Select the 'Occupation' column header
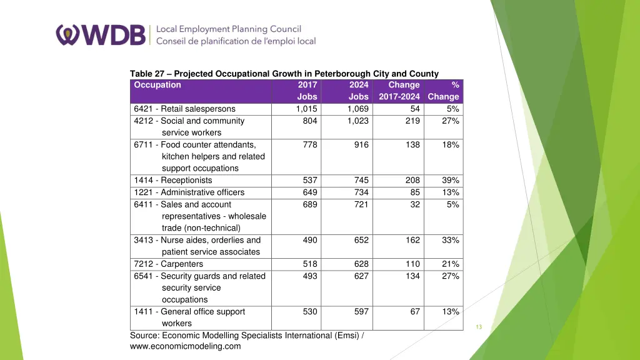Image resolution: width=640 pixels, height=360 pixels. [157, 85]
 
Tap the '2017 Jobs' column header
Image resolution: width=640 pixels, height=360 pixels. [307, 91]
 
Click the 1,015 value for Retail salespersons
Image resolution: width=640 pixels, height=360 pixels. [306, 109]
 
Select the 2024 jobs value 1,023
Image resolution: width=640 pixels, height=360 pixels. [358, 121]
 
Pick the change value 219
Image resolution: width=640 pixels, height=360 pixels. [412, 121]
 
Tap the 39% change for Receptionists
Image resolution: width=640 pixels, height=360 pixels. [451, 181]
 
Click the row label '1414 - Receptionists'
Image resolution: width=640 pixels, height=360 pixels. [172, 181]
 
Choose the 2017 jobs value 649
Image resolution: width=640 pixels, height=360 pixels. [310, 192]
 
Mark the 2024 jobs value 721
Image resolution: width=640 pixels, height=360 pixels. [361, 204]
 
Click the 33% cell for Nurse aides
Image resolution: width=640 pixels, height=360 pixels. [451, 240]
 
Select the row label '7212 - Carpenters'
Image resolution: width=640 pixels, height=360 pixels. [168, 264]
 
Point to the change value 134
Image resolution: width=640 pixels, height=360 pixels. [412, 276]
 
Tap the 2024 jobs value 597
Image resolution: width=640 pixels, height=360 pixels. [361, 311]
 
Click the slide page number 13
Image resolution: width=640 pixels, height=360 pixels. [479, 327]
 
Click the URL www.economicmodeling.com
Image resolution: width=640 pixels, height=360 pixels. [185, 346]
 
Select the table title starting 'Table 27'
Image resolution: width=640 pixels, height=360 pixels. [284, 74]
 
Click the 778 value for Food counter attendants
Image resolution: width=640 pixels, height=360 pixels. [310, 144]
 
